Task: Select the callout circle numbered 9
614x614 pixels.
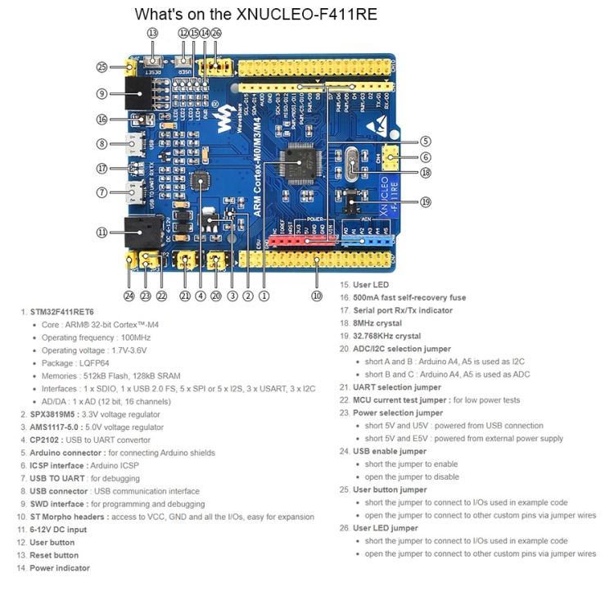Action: pos(102,93)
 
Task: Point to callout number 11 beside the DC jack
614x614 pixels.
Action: pos(102,233)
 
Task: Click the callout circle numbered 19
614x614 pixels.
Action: pos(425,201)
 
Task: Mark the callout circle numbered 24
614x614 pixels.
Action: pos(129,296)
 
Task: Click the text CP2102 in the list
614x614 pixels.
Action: pos(47,440)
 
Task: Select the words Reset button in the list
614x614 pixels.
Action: pos(54,554)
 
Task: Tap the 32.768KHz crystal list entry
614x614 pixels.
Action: pos(386,336)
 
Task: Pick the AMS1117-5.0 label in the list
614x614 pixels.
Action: pos(56,427)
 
